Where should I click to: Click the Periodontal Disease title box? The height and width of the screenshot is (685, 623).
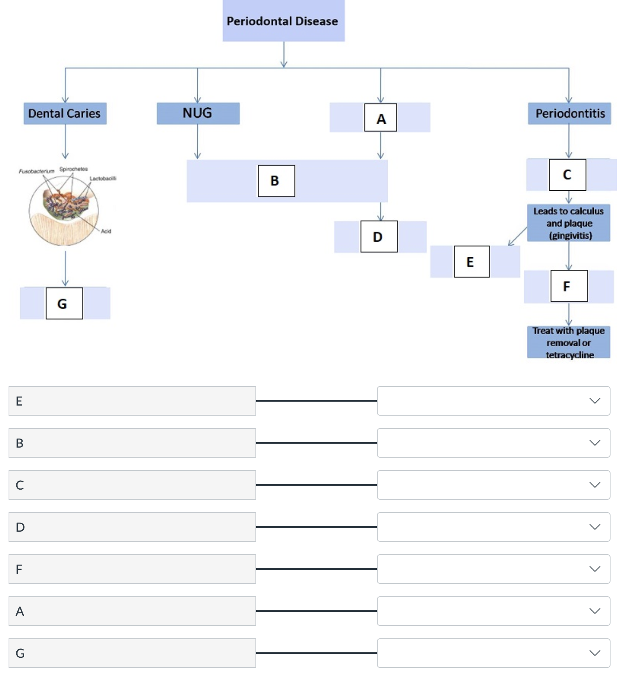pyautogui.click(x=283, y=21)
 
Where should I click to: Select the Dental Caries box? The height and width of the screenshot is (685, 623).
pyautogui.click(x=65, y=113)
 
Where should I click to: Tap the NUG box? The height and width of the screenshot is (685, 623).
pyautogui.click(x=198, y=113)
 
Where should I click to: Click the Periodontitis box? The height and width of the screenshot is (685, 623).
pyautogui.click(x=569, y=113)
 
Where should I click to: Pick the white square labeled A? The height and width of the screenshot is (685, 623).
pyautogui.click(x=380, y=118)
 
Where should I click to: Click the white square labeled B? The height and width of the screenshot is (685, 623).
pyautogui.click(x=276, y=181)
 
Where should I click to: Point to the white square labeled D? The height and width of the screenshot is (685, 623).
pyautogui.click(x=378, y=237)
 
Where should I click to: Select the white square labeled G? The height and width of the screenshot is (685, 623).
pyautogui.click(x=64, y=303)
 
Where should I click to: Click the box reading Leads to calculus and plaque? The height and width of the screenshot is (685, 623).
pyautogui.click(x=568, y=223)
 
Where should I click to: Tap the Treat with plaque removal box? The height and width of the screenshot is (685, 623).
pyautogui.click(x=568, y=342)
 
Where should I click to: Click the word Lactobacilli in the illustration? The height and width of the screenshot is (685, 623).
pyautogui.click(x=103, y=179)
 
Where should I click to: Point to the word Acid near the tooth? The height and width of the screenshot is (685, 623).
pyautogui.click(x=106, y=231)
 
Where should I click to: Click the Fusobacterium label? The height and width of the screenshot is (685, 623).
pyautogui.click(x=37, y=171)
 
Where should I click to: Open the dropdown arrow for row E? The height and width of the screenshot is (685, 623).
pyautogui.click(x=594, y=401)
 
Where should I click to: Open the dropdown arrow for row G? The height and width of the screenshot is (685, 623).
pyautogui.click(x=594, y=653)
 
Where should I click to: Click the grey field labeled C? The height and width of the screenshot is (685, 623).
pyautogui.click(x=132, y=485)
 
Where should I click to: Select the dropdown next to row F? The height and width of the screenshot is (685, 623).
pyautogui.click(x=493, y=569)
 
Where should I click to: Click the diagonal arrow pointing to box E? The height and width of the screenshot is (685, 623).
pyautogui.click(x=517, y=236)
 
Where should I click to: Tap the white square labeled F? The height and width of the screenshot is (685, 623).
pyautogui.click(x=568, y=286)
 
